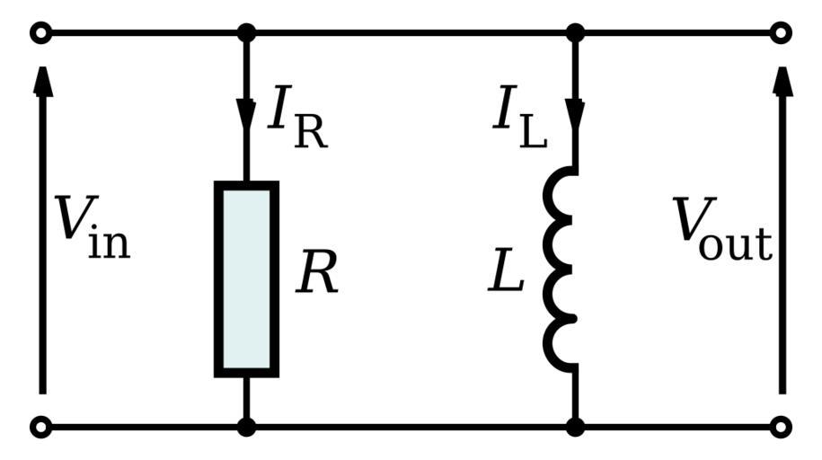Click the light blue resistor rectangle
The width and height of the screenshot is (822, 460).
pyautogui.click(x=246, y=279)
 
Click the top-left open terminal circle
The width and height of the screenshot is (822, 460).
pyautogui.click(x=40, y=33)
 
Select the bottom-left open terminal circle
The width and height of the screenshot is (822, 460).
pyautogui.click(x=40, y=426)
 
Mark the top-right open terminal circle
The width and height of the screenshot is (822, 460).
pyautogui.click(x=782, y=33)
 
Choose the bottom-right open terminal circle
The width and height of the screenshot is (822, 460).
pyautogui.click(x=782, y=426)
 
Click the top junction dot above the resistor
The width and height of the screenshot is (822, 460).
pyautogui.click(x=246, y=33)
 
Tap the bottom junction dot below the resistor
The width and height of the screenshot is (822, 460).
pyautogui.click(x=246, y=426)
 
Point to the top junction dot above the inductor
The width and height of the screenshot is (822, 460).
pyautogui.click(x=576, y=33)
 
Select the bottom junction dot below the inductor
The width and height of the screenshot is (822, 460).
pyautogui.click(x=576, y=426)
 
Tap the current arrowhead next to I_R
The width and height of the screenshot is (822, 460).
pyautogui.click(x=246, y=114)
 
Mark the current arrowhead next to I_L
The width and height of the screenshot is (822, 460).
pyautogui.click(x=576, y=114)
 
